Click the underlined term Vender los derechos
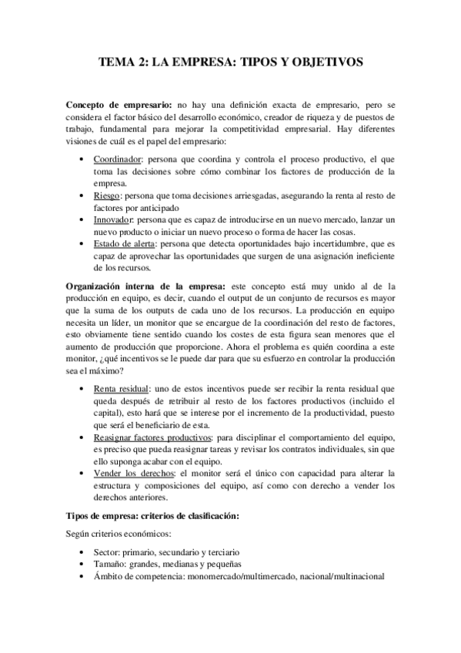point(130,474)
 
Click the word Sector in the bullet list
point(106,554)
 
